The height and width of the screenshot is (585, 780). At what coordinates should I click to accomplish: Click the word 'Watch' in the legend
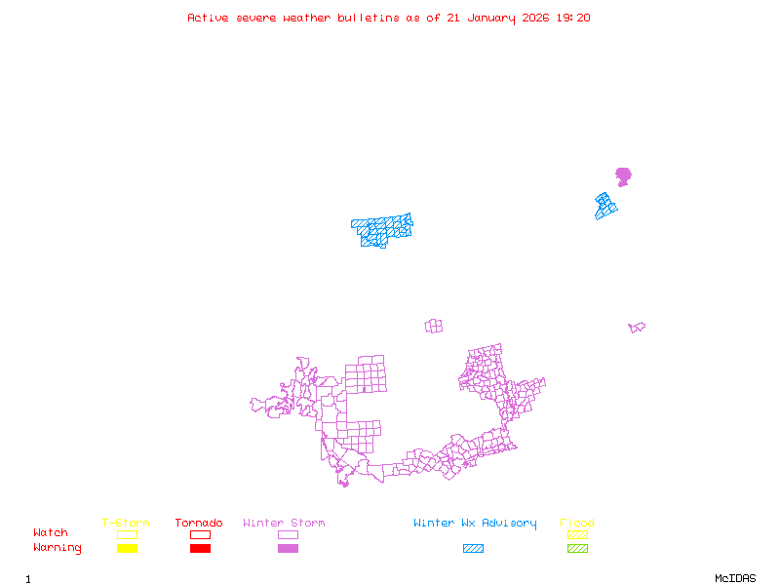(51, 533)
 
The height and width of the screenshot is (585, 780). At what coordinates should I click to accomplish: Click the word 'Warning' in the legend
(58, 548)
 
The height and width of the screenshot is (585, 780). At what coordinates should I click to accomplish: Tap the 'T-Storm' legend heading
(126, 524)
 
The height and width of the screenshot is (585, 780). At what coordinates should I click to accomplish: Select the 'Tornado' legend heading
(199, 524)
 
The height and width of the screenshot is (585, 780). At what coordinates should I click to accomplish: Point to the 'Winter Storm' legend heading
(284, 524)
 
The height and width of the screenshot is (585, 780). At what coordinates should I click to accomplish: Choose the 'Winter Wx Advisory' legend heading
(475, 524)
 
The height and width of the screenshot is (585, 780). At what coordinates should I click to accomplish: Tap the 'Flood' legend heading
(577, 524)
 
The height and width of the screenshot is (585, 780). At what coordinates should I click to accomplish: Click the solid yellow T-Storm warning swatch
(127, 549)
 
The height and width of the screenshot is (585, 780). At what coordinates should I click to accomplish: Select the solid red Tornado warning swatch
(200, 549)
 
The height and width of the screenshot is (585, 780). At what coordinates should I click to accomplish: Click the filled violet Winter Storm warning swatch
(288, 549)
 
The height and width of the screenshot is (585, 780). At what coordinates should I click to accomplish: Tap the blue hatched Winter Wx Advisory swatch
(473, 549)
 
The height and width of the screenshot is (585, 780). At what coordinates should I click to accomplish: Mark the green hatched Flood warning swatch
(578, 549)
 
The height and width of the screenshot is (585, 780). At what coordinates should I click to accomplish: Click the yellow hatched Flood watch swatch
(578, 534)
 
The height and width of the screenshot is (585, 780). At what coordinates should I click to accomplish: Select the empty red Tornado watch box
(200, 534)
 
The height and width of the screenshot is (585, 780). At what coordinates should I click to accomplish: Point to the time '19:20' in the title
(573, 18)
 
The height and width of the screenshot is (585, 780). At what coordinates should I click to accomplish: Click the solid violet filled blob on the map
(623, 176)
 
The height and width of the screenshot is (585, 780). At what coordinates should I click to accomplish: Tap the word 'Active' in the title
(209, 18)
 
